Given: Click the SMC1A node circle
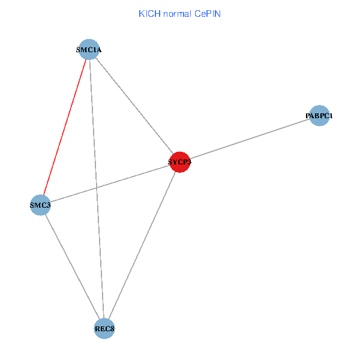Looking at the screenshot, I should (89, 49).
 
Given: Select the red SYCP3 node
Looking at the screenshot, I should (180, 162).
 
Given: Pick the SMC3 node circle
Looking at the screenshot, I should (40, 205).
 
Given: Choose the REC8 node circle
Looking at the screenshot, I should (104, 328).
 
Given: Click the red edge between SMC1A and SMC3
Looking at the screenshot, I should (65, 127).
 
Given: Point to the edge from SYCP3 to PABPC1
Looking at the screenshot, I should (250, 139).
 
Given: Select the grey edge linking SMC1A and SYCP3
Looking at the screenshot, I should (134, 106).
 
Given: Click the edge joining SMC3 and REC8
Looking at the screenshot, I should (72, 266).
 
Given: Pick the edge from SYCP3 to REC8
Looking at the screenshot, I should (142, 245).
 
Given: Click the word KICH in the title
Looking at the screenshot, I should (149, 13).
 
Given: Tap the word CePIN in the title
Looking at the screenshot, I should (208, 13).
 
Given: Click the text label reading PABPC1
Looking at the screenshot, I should (319, 115).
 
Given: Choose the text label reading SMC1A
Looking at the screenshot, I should (89, 50).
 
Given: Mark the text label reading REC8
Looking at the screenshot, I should (104, 329).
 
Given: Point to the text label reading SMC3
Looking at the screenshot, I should (40, 206).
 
